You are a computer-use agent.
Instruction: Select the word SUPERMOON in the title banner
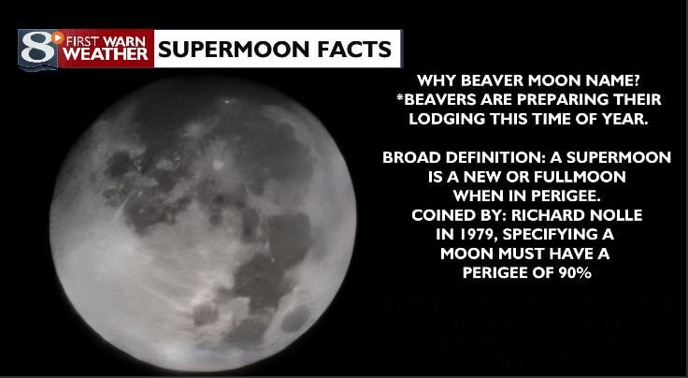pyautogui.click(x=225, y=49)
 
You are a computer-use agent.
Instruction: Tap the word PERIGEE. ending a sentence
pyautogui.click(x=571, y=196)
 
